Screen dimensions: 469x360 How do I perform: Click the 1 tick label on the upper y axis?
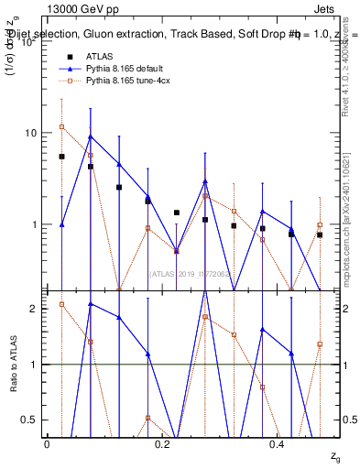point(32,224)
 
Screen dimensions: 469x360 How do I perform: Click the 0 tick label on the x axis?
point(47,443)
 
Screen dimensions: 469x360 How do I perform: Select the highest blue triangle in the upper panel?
point(90,136)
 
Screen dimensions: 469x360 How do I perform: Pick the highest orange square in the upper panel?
point(61,126)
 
